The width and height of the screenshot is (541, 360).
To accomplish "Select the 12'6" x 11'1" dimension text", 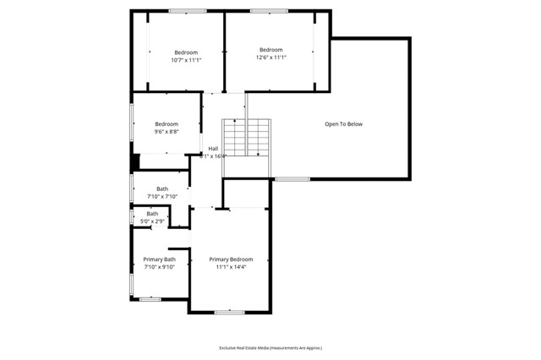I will tap(270, 57).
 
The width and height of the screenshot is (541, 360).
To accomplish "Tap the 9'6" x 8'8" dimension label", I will tap(166, 132).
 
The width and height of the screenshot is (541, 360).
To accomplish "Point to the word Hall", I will tap(213, 148).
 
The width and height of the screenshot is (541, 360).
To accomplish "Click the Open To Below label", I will tap(343, 124).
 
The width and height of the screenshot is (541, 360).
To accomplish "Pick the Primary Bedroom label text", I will tap(231, 259).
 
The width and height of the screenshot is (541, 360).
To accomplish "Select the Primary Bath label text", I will tap(159, 259).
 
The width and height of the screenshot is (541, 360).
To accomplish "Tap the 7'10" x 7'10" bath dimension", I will tap(161, 196).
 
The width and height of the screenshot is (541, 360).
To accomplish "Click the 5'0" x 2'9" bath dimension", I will tap(152, 221).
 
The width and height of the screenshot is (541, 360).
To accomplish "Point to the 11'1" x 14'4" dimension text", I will tap(231, 267).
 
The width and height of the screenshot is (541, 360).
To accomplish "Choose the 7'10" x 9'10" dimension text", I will tap(159, 267).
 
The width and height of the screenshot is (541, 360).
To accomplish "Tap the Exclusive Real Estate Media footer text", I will tap(270, 347).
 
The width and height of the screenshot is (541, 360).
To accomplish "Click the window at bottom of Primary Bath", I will tap(150, 298).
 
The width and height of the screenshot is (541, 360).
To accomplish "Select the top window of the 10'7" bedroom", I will tap(187, 11).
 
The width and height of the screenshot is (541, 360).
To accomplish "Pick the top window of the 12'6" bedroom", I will tap(269, 11).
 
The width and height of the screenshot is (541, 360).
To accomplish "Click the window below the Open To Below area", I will tap(292, 178).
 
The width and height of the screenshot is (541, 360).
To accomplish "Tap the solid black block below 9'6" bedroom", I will tap(134, 161).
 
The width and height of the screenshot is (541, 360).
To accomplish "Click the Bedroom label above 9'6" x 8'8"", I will tap(166, 124).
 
